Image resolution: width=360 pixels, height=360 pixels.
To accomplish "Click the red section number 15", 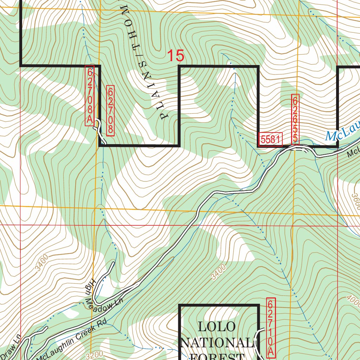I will [175, 56].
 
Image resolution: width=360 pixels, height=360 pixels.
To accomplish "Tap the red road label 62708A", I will [90, 95].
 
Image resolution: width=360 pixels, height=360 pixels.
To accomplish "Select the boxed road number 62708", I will [110, 110].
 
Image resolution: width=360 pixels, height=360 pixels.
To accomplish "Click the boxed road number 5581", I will [270, 140].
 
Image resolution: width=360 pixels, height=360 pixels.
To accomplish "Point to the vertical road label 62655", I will [295, 119].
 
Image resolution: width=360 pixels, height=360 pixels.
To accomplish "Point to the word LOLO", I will [217, 326].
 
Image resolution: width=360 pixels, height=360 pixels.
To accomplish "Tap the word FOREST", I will [217, 356].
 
